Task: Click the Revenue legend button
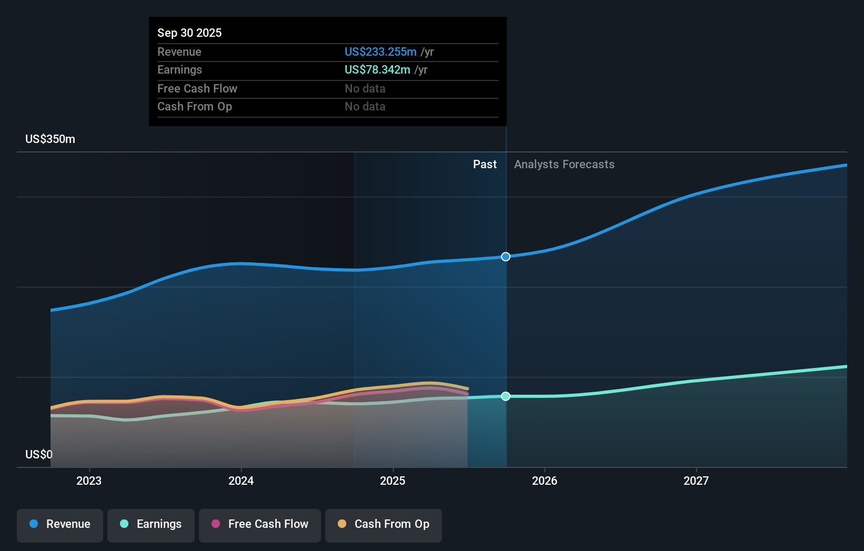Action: [x=60, y=525]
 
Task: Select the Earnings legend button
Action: [x=151, y=525]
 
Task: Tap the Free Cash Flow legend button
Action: [x=260, y=525]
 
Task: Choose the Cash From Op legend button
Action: [x=384, y=525]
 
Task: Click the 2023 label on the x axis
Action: [x=89, y=481]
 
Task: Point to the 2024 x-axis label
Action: [x=241, y=481]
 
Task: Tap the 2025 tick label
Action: [x=393, y=481]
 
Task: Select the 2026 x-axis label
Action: [x=545, y=481]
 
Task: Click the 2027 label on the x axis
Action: [x=696, y=481]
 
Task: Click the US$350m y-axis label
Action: [x=51, y=139]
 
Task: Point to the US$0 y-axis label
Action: [x=39, y=454]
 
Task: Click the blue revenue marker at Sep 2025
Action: [x=506, y=257]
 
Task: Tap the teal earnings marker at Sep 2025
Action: [x=506, y=396]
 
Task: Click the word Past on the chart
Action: [x=485, y=165]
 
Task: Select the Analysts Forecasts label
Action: [x=564, y=165]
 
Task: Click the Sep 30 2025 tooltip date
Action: [x=189, y=33]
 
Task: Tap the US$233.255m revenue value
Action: [x=380, y=52]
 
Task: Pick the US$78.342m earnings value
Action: [x=377, y=70]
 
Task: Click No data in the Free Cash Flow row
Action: [x=365, y=89]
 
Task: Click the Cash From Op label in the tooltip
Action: [x=195, y=107]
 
